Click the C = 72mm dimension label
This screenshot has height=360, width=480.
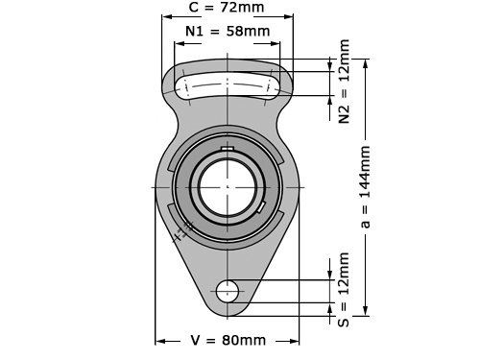pyautogui.click(x=227, y=7)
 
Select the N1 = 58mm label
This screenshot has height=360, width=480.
pyautogui.click(x=228, y=31)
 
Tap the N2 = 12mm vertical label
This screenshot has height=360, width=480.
pyautogui.click(x=344, y=82)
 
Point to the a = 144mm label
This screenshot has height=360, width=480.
pyautogui.click(x=365, y=187)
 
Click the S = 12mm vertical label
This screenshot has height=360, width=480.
pyautogui.click(x=344, y=290)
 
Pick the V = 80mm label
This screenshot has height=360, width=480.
pyautogui.click(x=228, y=340)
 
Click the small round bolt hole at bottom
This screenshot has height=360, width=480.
pyautogui.click(x=228, y=291)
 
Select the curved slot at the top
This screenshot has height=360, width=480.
pyautogui.click(x=227, y=85)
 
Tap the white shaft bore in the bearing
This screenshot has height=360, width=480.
pyautogui.click(x=228, y=187)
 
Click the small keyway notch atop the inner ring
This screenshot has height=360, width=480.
pyautogui.click(x=228, y=148)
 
